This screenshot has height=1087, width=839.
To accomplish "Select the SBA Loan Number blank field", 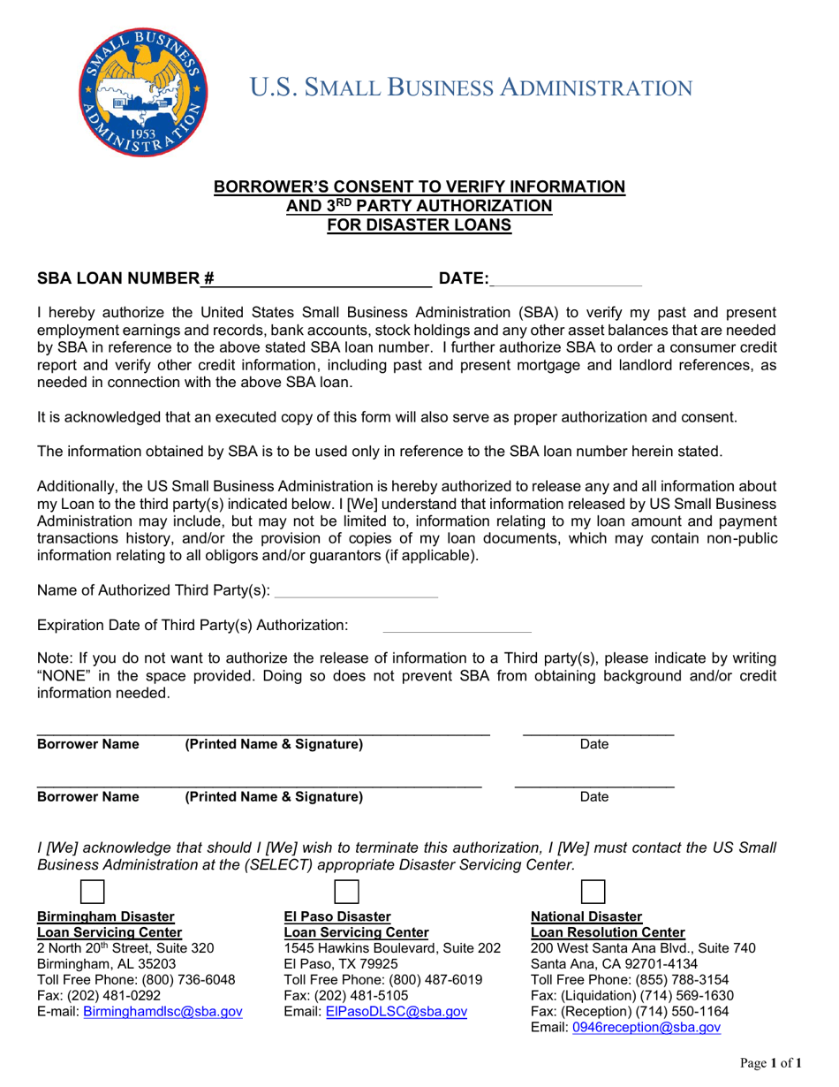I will coord(323,278).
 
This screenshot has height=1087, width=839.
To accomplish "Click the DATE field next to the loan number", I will coord(565,278).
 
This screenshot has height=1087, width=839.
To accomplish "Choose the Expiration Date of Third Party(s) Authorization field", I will coord(456,625).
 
